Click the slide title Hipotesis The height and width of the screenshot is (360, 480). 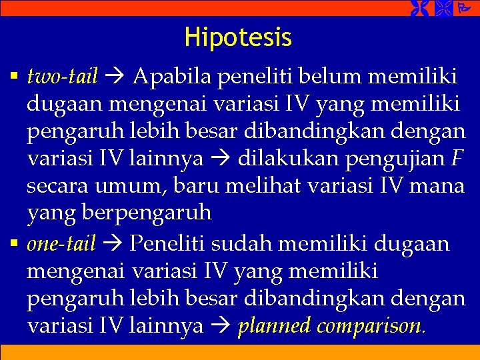click(x=238, y=37)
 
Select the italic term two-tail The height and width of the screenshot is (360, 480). click(x=63, y=77)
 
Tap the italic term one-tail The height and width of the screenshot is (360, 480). click(x=61, y=244)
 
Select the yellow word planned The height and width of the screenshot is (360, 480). click(x=273, y=327)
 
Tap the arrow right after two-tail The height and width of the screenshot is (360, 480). click(x=115, y=78)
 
